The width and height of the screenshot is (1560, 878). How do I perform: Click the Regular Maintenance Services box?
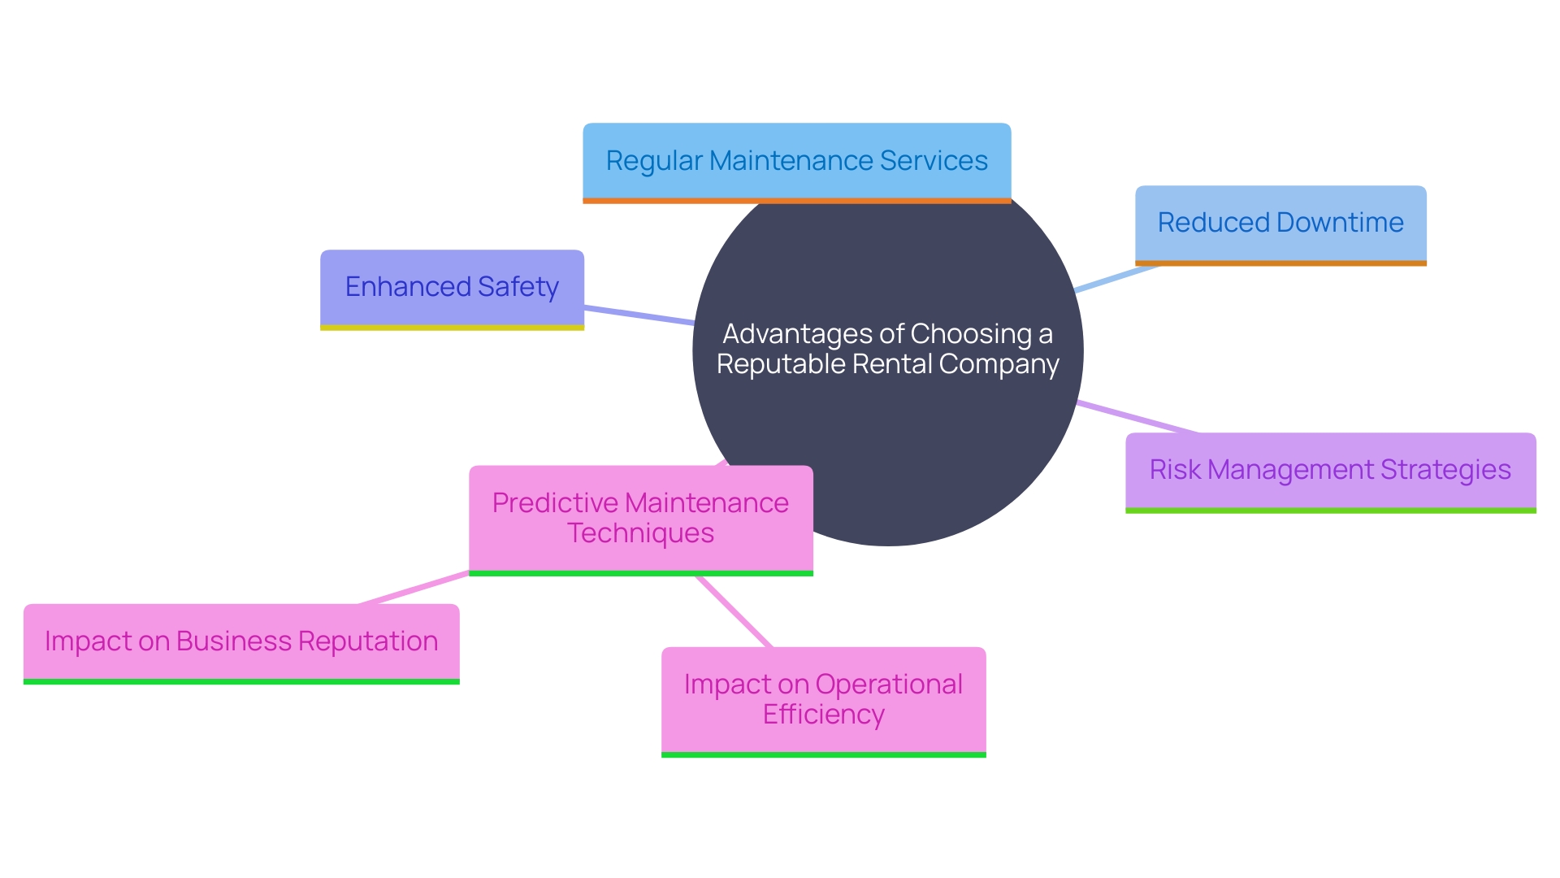796,161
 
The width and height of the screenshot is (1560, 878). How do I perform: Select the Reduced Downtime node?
1280,223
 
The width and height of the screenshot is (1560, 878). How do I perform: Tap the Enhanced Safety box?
452,287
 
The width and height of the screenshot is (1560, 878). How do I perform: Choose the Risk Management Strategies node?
1330,470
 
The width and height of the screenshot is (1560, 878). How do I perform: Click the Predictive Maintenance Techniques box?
640,518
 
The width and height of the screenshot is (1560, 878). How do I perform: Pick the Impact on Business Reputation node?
241,641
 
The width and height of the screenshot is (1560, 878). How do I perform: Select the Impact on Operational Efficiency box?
823,699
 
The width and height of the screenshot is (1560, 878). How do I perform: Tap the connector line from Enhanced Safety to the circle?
639,315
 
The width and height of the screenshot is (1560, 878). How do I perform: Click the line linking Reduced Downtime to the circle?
1115,278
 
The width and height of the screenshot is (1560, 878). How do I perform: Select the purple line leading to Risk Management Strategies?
1137,417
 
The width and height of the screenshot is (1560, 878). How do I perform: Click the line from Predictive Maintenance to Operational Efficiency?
734,611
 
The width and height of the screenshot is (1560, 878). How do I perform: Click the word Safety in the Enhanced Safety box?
518,287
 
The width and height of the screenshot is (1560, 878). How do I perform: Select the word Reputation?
368,641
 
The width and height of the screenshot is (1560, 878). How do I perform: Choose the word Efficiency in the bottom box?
823,715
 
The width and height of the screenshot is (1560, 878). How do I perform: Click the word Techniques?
640,533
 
